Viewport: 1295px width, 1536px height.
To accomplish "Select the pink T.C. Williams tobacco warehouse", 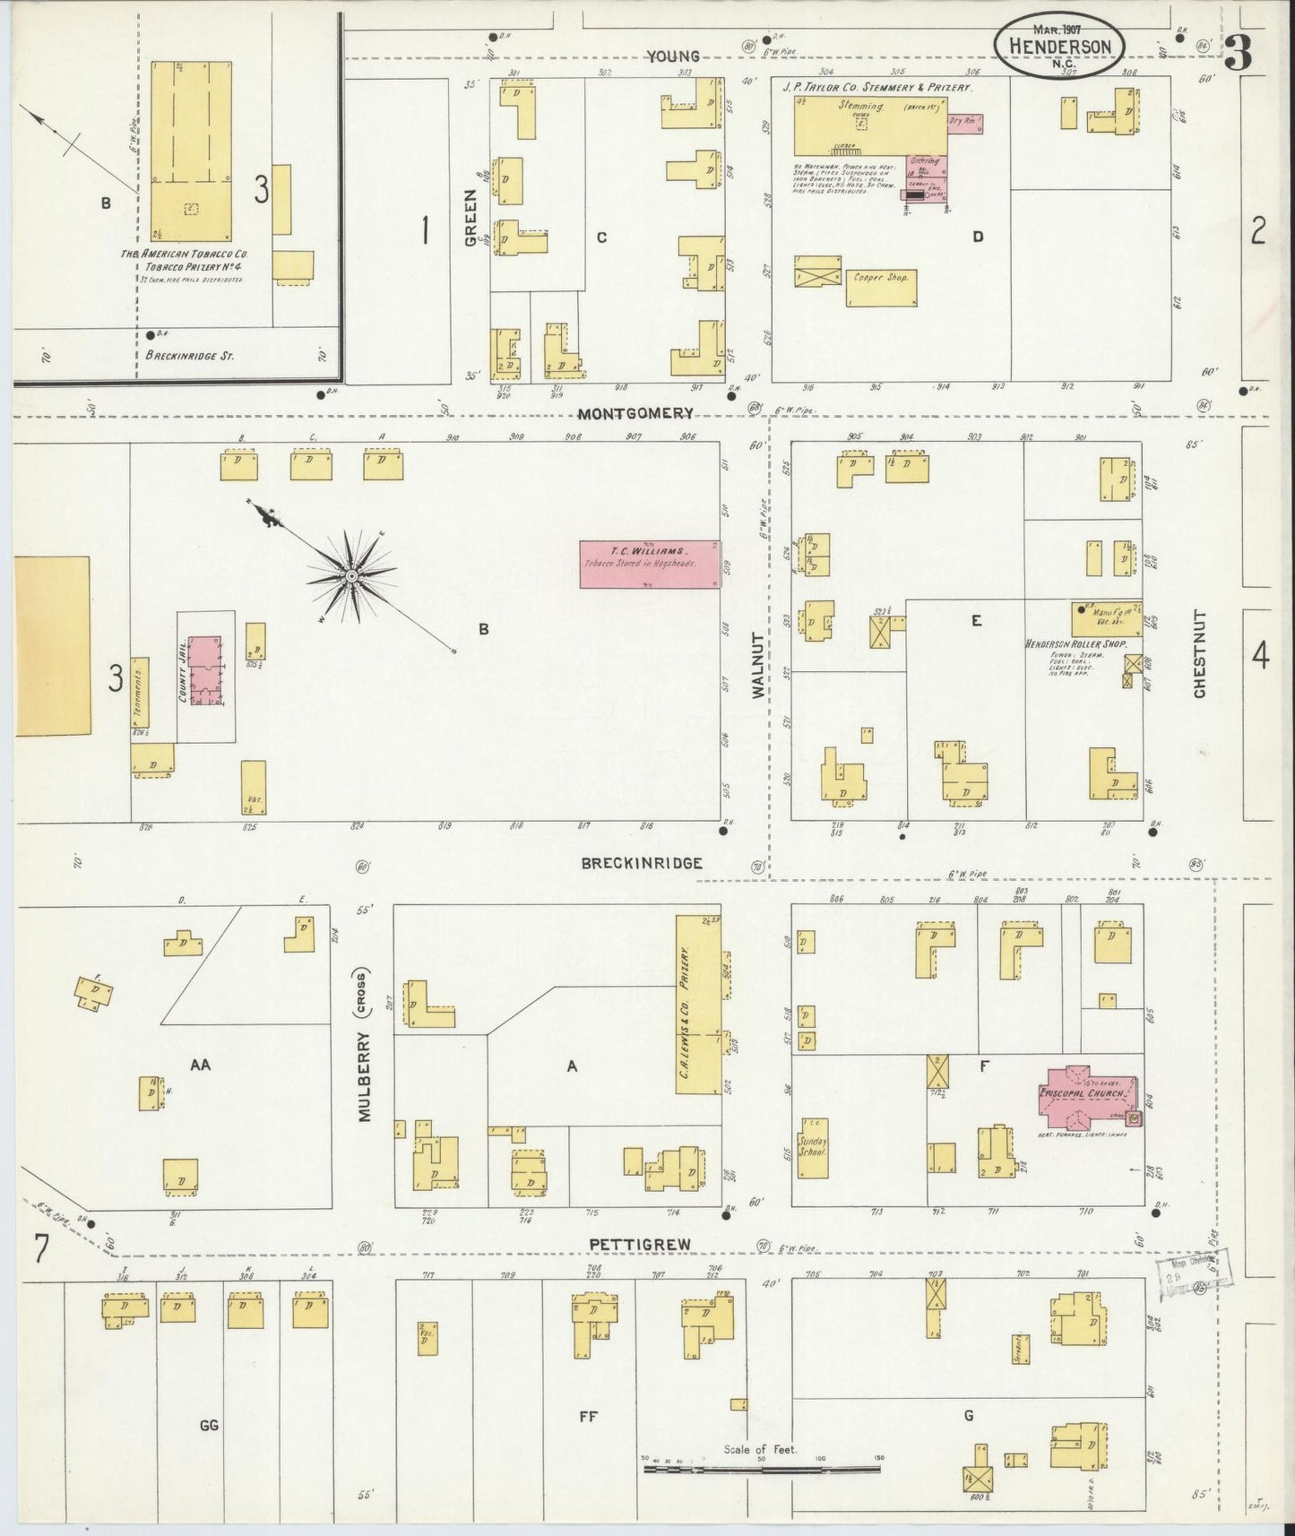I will point(649,565).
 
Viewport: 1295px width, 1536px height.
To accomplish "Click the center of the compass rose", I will point(352,574).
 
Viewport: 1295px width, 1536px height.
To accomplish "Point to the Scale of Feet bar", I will point(762,1469).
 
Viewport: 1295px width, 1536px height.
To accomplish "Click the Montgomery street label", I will point(635,413).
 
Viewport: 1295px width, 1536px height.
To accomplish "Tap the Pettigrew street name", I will point(630,1244).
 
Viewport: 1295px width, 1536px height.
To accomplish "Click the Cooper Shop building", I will point(881,288).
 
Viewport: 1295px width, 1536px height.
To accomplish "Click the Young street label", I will point(674,56).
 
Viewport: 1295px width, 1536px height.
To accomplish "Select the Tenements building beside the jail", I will point(140,692).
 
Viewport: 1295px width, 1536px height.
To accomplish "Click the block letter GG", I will point(209,1426).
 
